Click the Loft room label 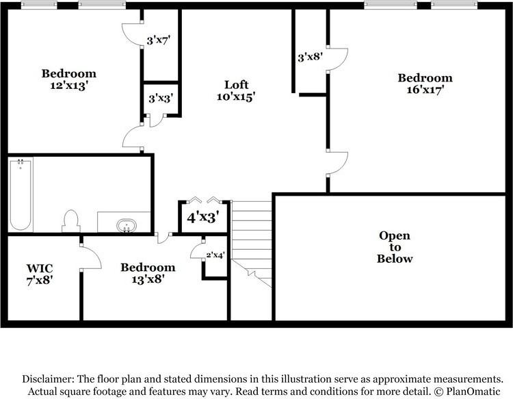click(x=236, y=84)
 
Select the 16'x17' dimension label click(x=425, y=90)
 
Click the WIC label click(x=40, y=267)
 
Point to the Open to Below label click(x=395, y=247)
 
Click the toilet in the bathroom click(x=70, y=220)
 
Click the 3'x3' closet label click(x=161, y=99)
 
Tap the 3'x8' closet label click(x=309, y=58)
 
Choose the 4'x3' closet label click(x=202, y=218)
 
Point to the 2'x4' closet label click(x=216, y=255)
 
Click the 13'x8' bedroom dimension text click(x=148, y=279)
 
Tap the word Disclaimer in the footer click(x=49, y=379)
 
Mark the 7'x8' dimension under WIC click(x=40, y=279)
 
